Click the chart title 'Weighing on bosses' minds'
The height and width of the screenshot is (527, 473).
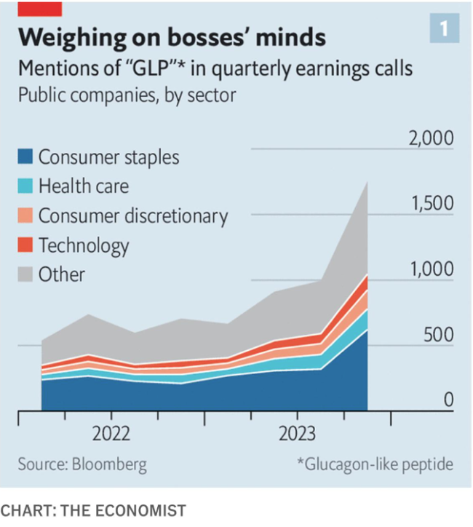point(172,36)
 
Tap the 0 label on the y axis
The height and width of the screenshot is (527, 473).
point(448,400)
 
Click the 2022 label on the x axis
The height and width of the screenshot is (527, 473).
point(111,435)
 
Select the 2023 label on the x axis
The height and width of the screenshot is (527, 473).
point(297,435)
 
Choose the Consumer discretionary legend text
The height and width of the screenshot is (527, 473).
point(133,215)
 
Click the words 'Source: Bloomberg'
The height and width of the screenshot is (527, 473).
point(82,464)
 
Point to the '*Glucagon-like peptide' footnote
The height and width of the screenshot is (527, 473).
point(374,464)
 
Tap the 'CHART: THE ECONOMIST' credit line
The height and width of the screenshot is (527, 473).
point(93,510)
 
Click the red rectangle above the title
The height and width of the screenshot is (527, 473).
point(39,8)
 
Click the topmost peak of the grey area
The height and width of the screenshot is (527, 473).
point(367,181)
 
